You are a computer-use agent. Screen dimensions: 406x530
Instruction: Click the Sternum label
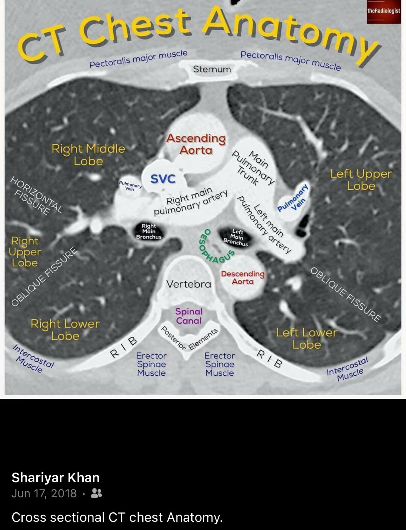[x=212, y=69]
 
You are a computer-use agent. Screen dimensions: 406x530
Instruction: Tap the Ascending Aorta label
[x=196, y=144]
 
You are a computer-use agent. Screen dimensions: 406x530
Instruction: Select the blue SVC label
[x=163, y=179]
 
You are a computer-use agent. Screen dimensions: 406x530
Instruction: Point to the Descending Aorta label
[x=243, y=277]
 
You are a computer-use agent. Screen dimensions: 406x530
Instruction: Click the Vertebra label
[x=189, y=284]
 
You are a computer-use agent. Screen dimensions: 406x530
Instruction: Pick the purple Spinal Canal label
[x=189, y=316]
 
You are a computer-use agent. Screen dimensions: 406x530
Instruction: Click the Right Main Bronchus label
[x=149, y=231]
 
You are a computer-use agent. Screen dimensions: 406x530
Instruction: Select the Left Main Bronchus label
[x=236, y=237]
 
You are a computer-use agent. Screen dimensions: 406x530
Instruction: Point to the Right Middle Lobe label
[x=88, y=155]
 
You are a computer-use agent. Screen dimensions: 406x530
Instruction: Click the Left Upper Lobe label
[x=361, y=180]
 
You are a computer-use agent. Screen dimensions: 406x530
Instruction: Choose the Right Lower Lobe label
[x=65, y=329]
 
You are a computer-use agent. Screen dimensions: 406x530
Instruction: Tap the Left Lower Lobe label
[x=307, y=338]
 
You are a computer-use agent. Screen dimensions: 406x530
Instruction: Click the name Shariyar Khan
[x=56, y=477]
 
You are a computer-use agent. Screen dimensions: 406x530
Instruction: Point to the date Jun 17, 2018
[x=44, y=493]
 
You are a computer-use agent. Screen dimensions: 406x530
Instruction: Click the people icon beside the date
[x=96, y=493]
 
